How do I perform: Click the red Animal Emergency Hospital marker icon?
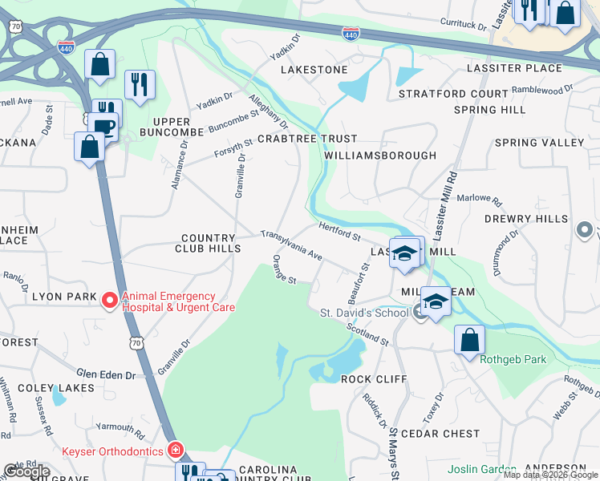[x=111, y=301]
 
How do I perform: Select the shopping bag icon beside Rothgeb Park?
[x=469, y=340]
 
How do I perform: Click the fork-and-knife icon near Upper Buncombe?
[x=140, y=84]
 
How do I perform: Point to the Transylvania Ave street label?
[x=291, y=246]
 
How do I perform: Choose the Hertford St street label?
[x=339, y=232]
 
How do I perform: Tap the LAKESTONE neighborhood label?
[x=314, y=70]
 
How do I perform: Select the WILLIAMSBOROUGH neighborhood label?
[x=381, y=156]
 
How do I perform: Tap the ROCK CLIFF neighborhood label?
[x=371, y=378]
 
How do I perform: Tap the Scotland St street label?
[x=367, y=335]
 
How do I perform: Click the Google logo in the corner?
[x=26, y=471]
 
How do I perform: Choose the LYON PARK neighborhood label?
[x=63, y=296]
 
